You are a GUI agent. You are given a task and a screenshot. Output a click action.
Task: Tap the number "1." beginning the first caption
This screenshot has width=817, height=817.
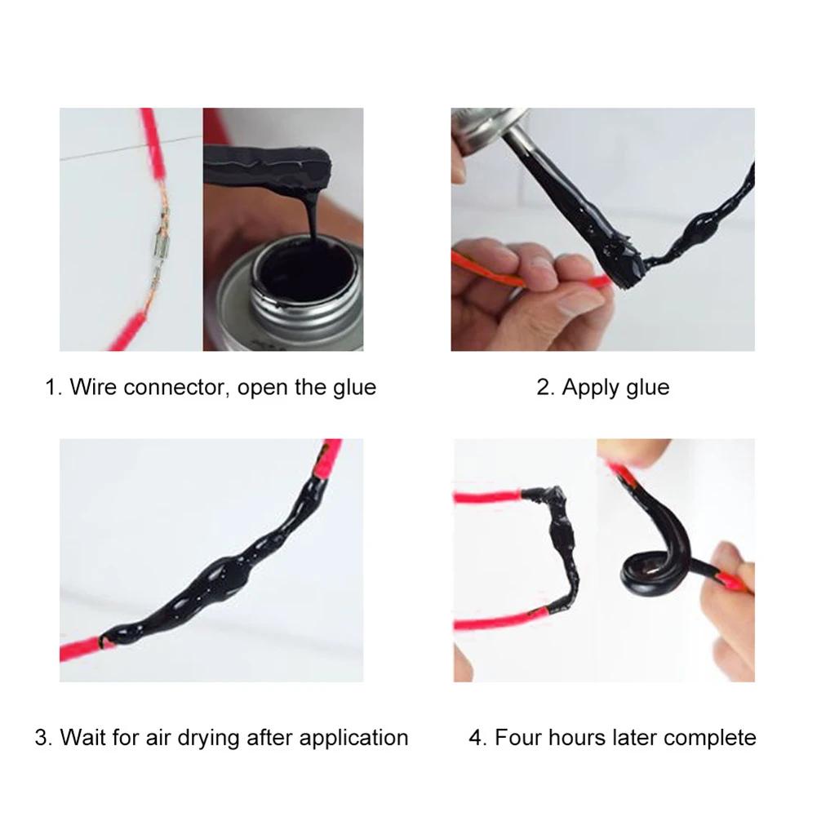pos(53,387)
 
